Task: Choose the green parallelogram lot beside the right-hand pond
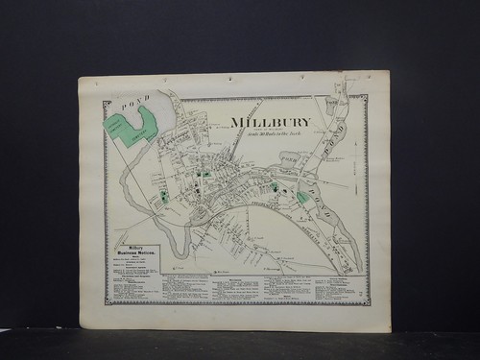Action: pos(302,197)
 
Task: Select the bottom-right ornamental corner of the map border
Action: pos(366,302)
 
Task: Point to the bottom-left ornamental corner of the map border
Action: pos(107,302)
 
